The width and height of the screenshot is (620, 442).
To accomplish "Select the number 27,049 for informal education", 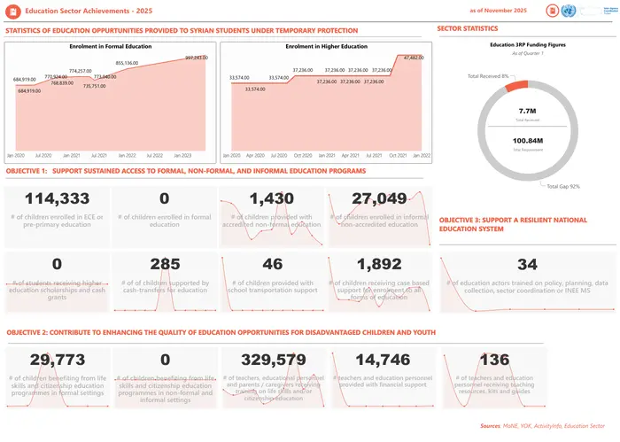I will (x=379, y=198).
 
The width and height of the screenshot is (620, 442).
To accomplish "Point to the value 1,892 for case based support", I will (x=379, y=263).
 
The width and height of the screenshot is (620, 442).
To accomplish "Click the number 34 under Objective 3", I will (x=527, y=264).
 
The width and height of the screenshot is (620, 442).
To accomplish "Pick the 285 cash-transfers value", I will (x=166, y=263).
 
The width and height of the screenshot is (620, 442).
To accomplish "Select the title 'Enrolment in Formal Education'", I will (x=109, y=45).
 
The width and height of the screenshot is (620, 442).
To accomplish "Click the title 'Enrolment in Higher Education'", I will (x=327, y=45).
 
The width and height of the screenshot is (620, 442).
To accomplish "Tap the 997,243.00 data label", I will (x=196, y=58).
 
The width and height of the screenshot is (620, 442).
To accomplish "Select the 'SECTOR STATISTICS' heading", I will (x=468, y=28).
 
